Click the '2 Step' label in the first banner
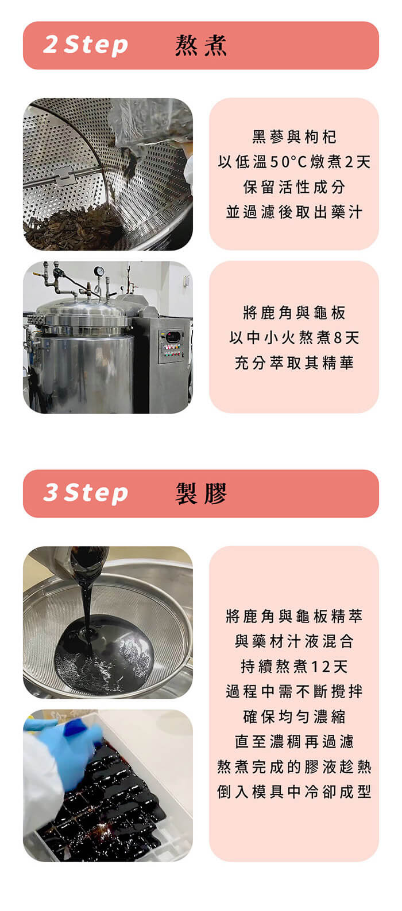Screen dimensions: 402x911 pyautogui.click(x=86, y=45)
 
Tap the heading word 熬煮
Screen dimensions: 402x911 pyautogui.click(x=201, y=45)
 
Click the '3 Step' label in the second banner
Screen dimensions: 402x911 pyautogui.click(x=86, y=493)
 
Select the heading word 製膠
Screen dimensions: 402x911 pyautogui.click(x=201, y=493)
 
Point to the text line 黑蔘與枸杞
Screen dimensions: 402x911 pyautogui.click(x=294, y=137)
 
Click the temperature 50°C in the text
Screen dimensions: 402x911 pyautogui.click(x=288, y=162)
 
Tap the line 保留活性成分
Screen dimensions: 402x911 pyautogui.click(x=294, y=187)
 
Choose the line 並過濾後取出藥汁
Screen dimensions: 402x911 pyautogui.click(x=294, y=212)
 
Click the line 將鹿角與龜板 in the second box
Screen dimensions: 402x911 pyautogui.click(x=294, y=313)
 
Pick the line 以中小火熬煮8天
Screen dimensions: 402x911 pyautogui.click(x=294, y=337)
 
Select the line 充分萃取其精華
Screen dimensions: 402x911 pyautogui.click(x=294, y=363)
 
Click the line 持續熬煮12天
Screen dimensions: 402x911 pyautogui.click(x=294, y=666)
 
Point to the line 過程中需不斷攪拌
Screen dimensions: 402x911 pyautogui.click(x=294, y=691)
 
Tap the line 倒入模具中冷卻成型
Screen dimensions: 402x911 pyautogui.click(x=294, y=792)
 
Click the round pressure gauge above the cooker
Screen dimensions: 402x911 pyautogui.click(x=99, y=271)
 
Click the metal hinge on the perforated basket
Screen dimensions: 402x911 pyautogui.click(x=64, y=176)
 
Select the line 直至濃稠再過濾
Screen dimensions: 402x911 pyautogui.click(x=294, y=741)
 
